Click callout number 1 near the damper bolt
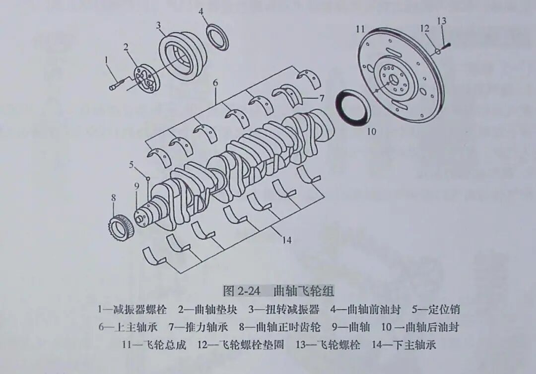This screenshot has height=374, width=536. click(x=106, y=60)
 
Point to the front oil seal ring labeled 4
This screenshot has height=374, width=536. click(x=218, y=37)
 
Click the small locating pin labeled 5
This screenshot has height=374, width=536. click(x=147, y=177)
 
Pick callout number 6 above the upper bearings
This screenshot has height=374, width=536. click(x=215, y=83)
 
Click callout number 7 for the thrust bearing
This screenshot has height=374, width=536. click(x=322, y=98)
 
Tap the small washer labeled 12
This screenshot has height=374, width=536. click(x=437, y=51)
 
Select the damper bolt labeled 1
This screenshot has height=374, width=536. click(x=115, y=85)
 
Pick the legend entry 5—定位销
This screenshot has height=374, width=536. click(x=435, y=310)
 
